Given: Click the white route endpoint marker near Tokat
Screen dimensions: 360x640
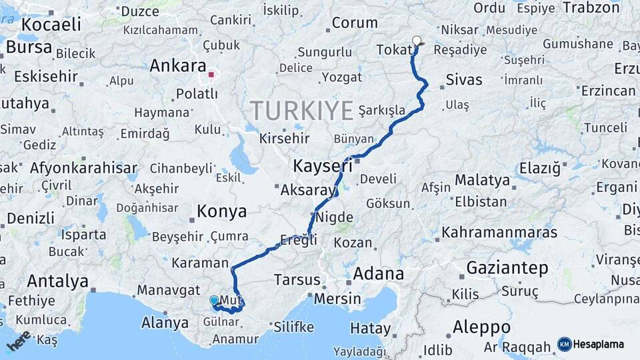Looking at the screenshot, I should [417, 41].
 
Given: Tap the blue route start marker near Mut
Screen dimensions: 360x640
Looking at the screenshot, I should [213, 301].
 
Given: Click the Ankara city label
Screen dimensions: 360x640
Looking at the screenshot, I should [177, 66].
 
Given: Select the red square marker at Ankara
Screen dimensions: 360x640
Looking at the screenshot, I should [211, 75].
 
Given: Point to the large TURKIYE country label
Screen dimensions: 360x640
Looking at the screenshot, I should [301, 110].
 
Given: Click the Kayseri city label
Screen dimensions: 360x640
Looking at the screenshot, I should [323, 165].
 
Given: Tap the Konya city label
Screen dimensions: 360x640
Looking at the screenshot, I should [221, 212].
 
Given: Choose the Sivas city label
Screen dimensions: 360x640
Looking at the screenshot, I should [463, 80].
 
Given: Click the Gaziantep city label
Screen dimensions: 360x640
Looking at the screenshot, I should [507, 268].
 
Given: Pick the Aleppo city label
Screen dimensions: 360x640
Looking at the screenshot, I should [481, 327].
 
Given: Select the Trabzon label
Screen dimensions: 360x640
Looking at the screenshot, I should [591, 8].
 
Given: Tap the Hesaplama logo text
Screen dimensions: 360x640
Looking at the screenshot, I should [599, 344].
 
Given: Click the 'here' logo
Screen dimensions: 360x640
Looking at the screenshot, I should [19, 341].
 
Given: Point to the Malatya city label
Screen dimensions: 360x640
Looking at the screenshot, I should [482, 180].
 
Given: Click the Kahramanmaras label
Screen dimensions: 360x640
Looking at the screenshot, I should [499, 233].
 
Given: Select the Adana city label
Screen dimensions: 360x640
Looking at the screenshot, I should [379, 273].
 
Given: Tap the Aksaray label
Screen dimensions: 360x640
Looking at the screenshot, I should [308, 190].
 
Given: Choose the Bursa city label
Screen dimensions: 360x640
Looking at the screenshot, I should [29, 47].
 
